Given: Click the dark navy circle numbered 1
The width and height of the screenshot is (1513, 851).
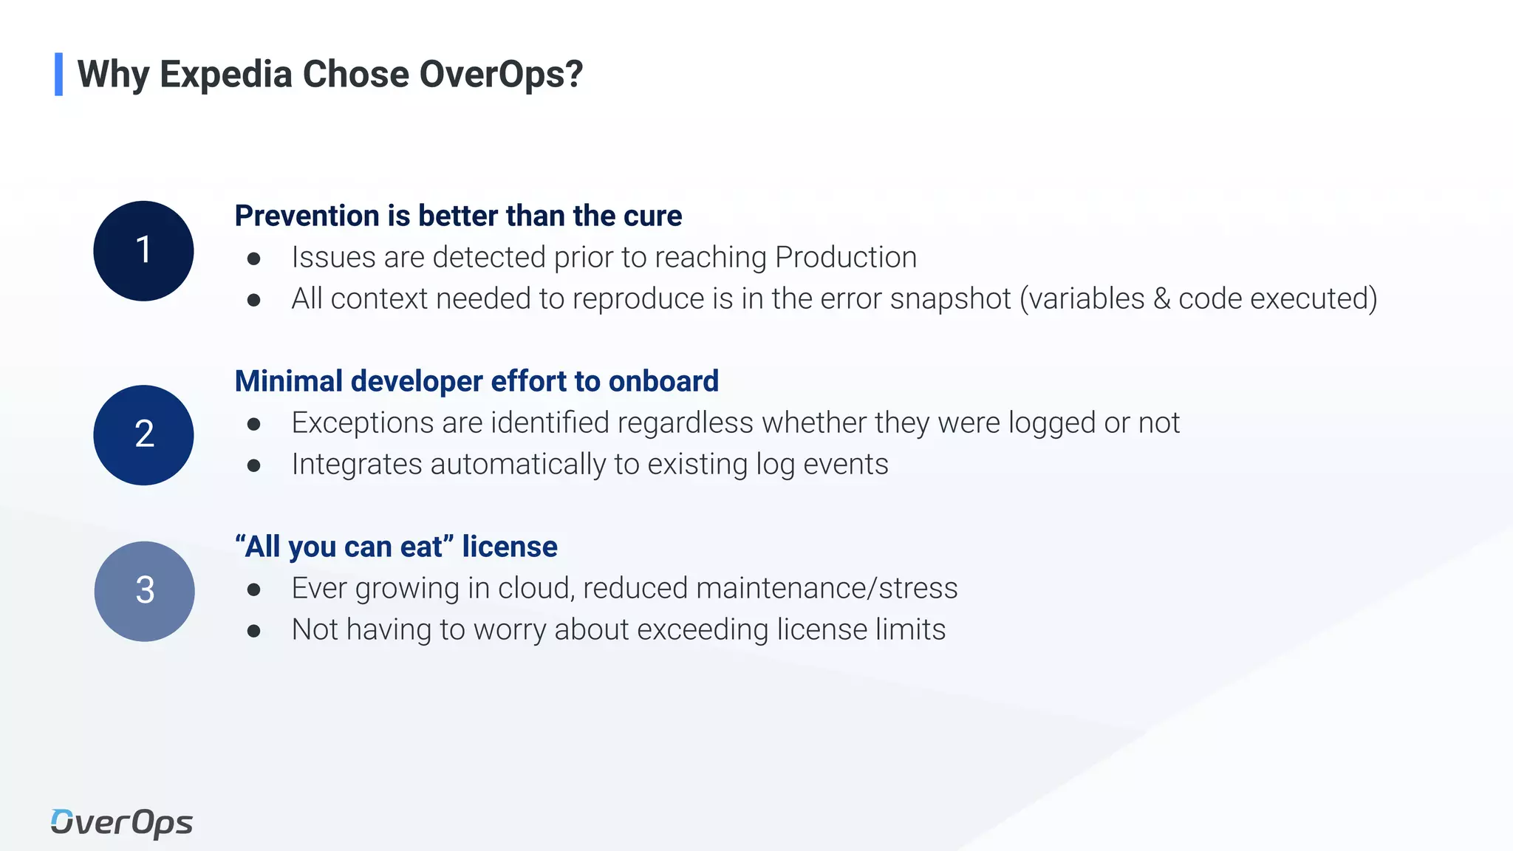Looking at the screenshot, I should pyautogui.click(x=143, y=250).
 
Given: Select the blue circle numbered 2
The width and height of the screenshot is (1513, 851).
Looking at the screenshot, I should pyautogui.click(x=143, y=434).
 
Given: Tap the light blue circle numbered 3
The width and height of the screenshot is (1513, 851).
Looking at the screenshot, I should pyautogui.click(x=144, y=591).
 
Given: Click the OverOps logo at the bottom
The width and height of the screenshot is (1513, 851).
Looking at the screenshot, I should pyautogui.click(x=122, y=823).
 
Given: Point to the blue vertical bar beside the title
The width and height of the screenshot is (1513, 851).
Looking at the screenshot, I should pyautogui.click(x=58, y=74).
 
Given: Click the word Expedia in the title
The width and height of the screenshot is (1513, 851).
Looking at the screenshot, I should pyautogui.click(x=226, y=75).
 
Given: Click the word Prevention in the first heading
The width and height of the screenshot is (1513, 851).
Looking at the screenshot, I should pyautogui.click(x=307, y=216).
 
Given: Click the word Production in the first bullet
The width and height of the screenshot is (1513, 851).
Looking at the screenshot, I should pyautogui.click(x=846, y=257).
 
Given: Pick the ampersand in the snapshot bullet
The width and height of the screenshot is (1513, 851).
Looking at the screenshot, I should pyautogui.click(x=1161, y=298).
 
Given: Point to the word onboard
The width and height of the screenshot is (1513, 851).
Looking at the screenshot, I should pyautogui.click(x=663, y=381).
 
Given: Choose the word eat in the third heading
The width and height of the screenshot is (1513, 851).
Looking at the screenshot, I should pyautogui.click(x=421, y=547).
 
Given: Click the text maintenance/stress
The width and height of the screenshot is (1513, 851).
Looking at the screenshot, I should pyautogui.click(x=827, y=588).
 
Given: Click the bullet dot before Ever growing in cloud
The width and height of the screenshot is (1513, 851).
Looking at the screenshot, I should pyautogui.click(x=254, y=589).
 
